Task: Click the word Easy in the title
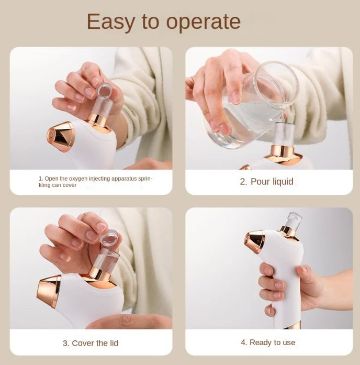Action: click(x=106, y=22)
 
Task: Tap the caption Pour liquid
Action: click(x=267, y=182)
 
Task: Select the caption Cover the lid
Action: click(x=91, y=343)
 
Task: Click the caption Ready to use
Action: click(x=268, y=342)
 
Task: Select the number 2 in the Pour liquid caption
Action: click(x=243, y=182)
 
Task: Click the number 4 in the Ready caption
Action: click(x=243, y=342)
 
